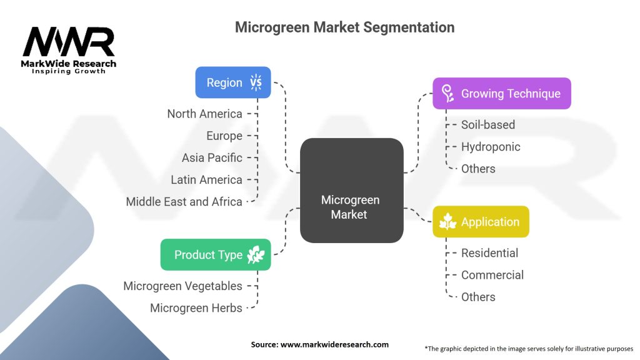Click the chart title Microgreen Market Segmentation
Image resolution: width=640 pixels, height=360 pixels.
point(344,27)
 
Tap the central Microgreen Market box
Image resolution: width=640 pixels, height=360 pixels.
point(351,191)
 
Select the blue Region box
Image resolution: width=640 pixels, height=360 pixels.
point(233,82)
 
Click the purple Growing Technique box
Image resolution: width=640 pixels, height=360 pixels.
point(501,94)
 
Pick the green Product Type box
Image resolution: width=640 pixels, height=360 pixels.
point(216,255)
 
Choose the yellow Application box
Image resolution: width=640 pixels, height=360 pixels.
point(481,222)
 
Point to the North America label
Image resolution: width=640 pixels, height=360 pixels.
point(204,114)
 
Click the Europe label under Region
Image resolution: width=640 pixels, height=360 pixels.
point(224,136)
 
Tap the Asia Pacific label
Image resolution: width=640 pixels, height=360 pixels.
point(212,157)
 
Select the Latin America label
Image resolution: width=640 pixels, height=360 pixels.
point(206,179)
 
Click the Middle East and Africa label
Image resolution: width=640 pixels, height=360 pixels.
point(184,201)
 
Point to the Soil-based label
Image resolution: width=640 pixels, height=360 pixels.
point(488,125)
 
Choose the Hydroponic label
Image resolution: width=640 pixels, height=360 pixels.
point(491,147)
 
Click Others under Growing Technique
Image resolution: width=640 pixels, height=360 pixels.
point(478,169)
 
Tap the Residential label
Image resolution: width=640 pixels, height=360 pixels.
point(489,253)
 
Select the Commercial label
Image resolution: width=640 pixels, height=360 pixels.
point(492,275)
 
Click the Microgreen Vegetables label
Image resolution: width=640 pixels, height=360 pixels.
point(182,286)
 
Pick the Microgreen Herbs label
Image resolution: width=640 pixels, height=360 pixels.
point(196,307)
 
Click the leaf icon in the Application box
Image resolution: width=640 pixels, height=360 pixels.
point(448,222)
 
